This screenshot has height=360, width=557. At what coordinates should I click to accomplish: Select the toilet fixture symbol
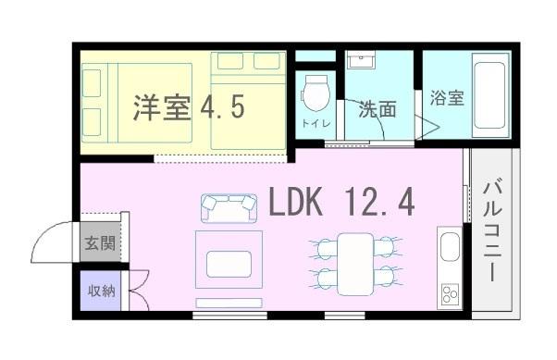coord(315,93)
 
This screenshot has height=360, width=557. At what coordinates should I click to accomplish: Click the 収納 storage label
coord(101,291)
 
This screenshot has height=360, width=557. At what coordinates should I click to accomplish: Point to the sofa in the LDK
coord(228,207)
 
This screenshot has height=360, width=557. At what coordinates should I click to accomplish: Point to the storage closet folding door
coord(136,290)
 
